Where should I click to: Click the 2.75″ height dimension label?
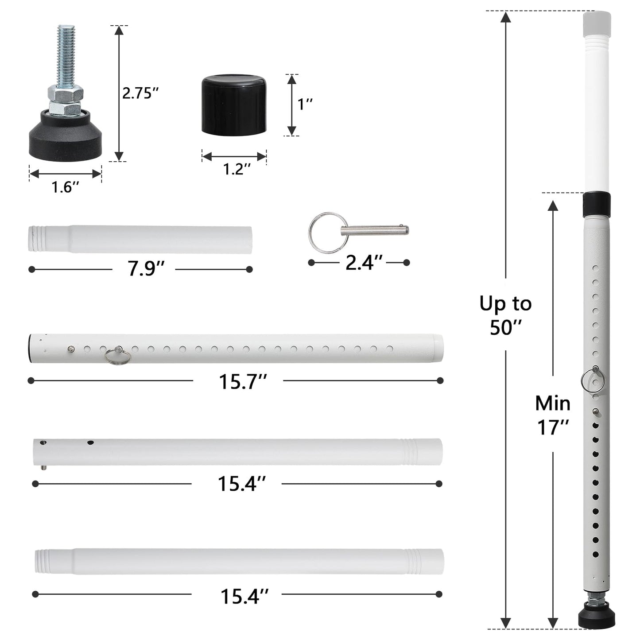[x=140, y=93]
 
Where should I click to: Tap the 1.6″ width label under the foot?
[x=65, y=187]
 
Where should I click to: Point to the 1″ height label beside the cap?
[x=305, y=105]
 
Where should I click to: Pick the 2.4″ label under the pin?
[x=364, y=263]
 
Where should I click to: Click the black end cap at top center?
[x=234, y=104]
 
